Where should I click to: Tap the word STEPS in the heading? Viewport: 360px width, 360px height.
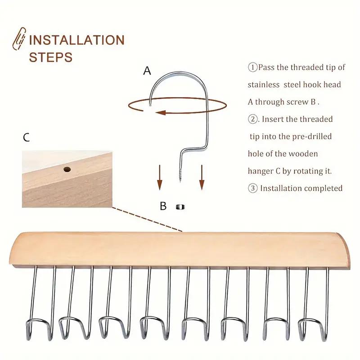(x=50, y=57)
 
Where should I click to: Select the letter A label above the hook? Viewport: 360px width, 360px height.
(x=147, y=71)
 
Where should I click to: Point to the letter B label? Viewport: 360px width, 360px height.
(x=163, y=207)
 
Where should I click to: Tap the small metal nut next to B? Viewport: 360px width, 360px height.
(x=180, y=207)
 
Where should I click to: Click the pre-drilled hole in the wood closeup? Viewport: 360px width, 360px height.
(x=67, y=170)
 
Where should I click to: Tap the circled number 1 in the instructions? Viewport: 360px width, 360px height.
(x=252, y=67)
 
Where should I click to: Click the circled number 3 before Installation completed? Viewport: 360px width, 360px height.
(x=252, y=189)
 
